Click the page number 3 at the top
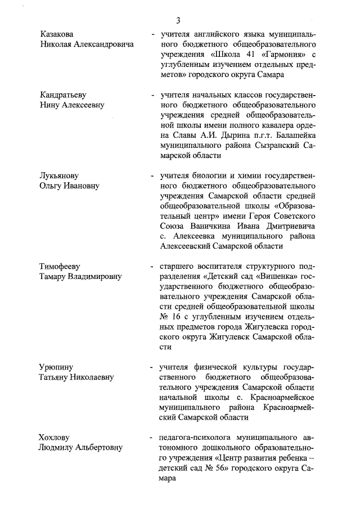point(178,21)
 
